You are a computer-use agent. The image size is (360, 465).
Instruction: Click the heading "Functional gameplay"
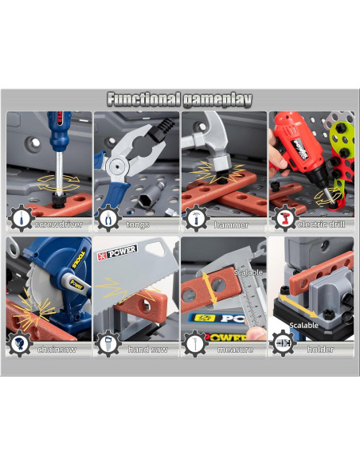point(180,100)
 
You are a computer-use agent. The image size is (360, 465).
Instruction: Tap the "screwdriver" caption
point(57,225)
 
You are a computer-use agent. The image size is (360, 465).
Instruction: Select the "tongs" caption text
point(137,225)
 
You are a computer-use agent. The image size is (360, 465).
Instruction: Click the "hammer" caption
point(231,225)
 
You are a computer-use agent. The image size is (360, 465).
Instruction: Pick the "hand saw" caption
point(143,349)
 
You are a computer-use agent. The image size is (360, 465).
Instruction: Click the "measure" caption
point(233,349)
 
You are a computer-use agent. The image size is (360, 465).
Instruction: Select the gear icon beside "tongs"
point(108,218)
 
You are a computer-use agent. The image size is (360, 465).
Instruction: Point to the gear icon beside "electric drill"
point(283,218)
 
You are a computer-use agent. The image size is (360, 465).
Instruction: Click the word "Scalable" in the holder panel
point(304,325)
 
